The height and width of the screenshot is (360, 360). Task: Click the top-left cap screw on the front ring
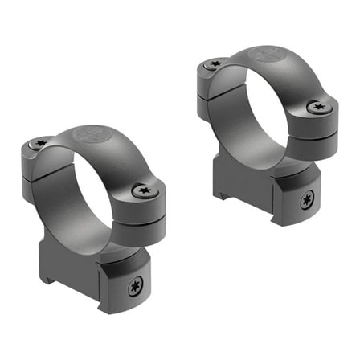[x=40, y=143]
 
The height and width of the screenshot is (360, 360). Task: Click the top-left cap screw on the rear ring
[x=214, y=63]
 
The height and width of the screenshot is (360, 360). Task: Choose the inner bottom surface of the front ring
[x=96, y=233]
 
